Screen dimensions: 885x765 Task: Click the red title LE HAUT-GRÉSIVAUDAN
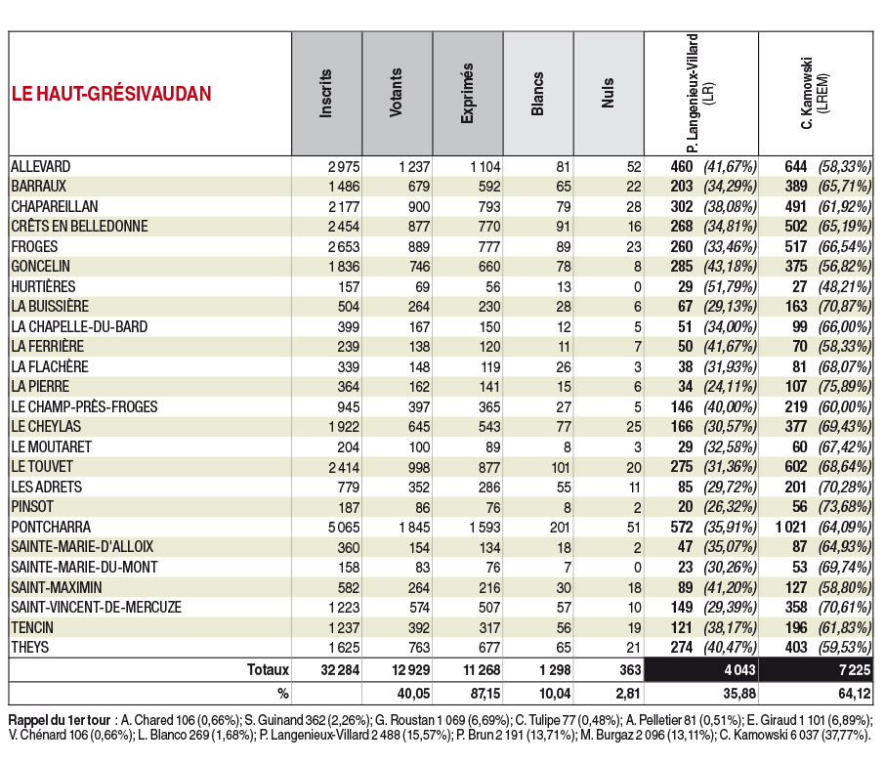coord(111,94)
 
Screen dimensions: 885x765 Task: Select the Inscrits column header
coord(325,94)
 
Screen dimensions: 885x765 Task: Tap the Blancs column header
coord(537,94)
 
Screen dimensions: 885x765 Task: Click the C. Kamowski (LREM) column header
coord(815,93)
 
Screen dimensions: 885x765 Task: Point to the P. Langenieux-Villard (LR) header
coord(699,93)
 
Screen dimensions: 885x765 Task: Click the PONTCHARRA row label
coord(51,528)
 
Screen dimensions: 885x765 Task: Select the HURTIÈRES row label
coord(43,287)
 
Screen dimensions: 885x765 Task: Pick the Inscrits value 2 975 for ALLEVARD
coord(344,167)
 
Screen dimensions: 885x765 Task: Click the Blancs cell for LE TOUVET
coord(561,467)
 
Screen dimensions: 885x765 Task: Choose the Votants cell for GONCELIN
coord(418,267)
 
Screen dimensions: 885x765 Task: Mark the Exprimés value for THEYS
coord(488,648)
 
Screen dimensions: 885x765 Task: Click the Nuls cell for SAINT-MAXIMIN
coord(634,588)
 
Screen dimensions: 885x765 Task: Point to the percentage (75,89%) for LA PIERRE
coord(844,387)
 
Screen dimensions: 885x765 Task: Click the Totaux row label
coord(268,670)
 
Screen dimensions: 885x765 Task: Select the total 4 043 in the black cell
coord(740,670)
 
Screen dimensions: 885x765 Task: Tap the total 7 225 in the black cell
coord(855,670)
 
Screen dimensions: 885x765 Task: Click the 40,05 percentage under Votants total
coord(414,694)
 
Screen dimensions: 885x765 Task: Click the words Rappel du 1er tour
coord(60,720)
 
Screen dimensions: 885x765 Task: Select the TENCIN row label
coord(32,628)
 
